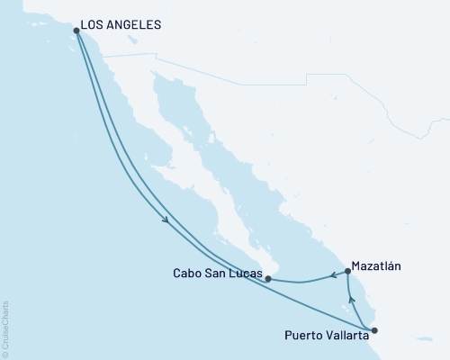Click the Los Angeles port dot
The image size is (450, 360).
(x=76, y=31)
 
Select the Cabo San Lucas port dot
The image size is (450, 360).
(x=268, y=279)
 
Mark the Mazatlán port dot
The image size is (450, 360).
(x=348, y=272)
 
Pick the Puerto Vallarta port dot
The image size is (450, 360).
(x=374, y=330)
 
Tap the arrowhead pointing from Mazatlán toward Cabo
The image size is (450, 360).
(x=332, y=275)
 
